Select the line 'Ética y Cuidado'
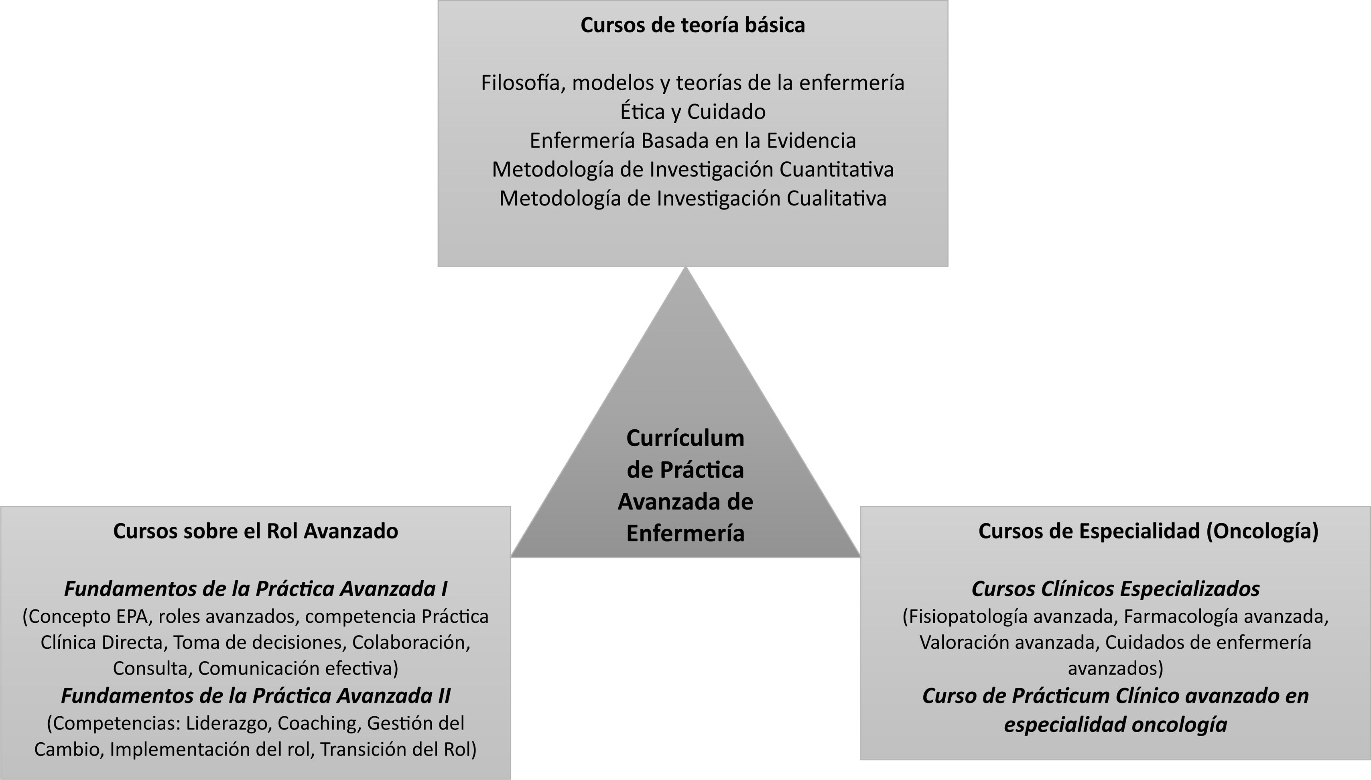pyautogui.click(x=693, y=112)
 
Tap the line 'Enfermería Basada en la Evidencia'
pyautogui.click(x=693, y=140)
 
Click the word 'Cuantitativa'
pyautogui.click(x=837, y=169)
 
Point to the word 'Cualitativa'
pyautogui.click(x=837, y=198)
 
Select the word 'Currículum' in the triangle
pyautogui.click(x=685, y=438)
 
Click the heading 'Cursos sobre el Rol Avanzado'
pyautogui.click(x=256, y=531)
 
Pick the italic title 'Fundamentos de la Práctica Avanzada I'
pyautogui.click(x=256, y=589)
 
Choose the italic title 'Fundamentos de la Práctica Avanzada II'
pyautogui.click(x=256, y=695)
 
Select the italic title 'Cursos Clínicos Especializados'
pyautogui.click(x=1115, y=589)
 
